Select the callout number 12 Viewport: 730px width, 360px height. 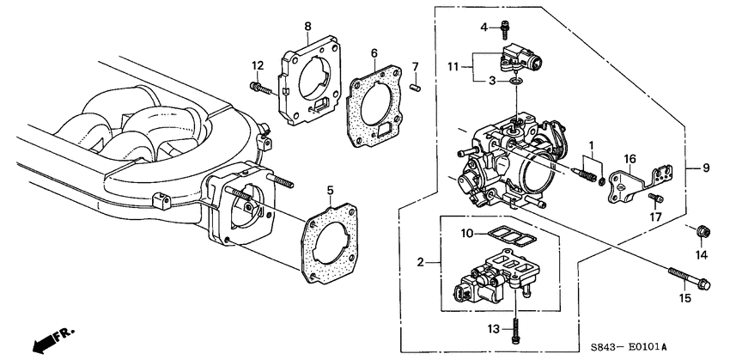pos(257,65)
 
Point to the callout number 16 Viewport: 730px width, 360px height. pos(630,159)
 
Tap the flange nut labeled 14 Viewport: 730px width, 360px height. pos(702,231)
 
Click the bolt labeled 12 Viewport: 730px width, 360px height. pos(261,87)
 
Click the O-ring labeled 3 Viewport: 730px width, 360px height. pos(514,82)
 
